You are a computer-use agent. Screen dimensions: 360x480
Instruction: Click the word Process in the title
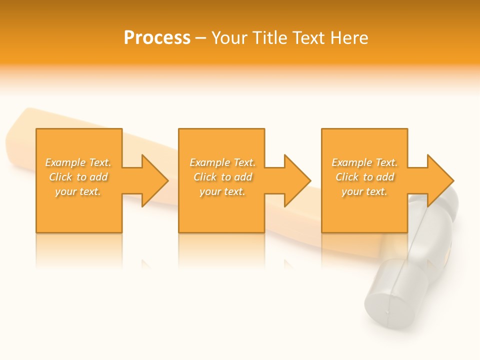click(157, 38)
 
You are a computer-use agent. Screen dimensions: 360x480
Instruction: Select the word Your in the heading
click(230, 38)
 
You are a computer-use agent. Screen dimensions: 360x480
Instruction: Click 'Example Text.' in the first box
click(78, 162)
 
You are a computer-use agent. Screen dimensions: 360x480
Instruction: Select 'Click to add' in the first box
click(78, 177)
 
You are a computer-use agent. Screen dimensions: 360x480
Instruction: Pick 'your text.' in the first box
click(78, 191)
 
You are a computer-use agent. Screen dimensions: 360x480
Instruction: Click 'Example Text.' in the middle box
click(222, 162)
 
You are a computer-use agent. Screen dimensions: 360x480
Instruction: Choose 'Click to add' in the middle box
click(222, 177)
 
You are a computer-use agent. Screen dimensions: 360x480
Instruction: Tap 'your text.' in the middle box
click(222, 191)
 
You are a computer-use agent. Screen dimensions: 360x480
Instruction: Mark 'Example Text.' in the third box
click(364, 162)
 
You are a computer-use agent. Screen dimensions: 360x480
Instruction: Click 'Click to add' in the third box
click(364, 177)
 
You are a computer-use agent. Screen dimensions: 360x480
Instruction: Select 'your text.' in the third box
click(364, 191)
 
